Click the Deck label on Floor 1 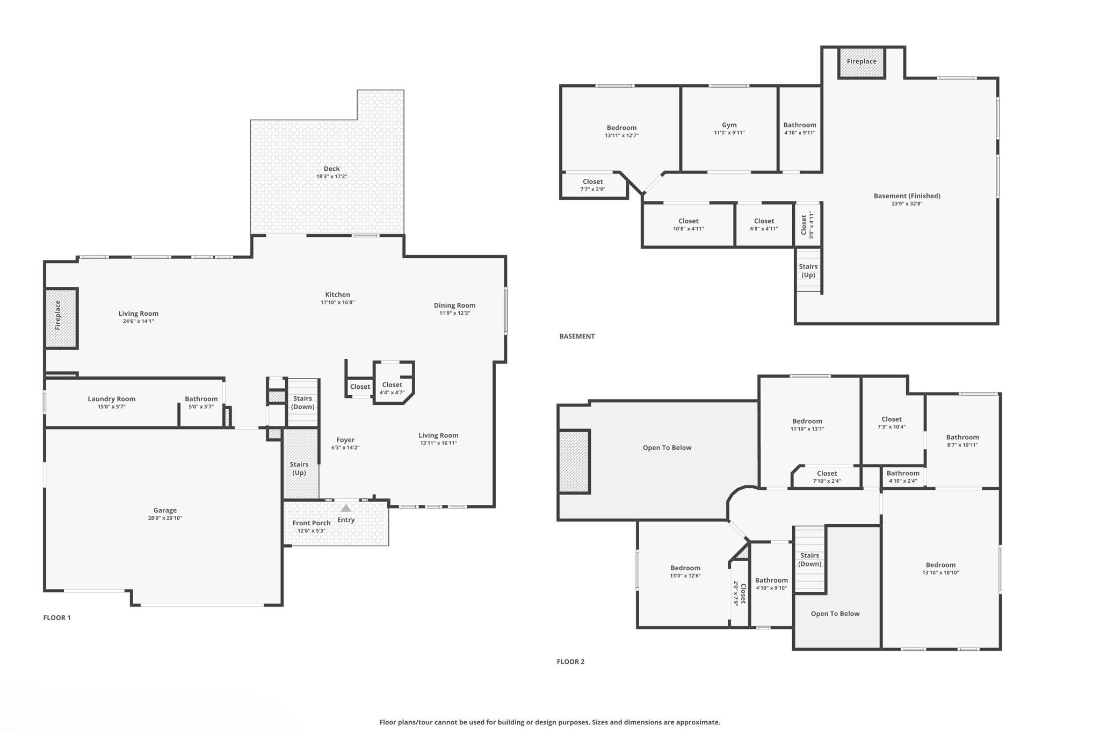click(x=331, y=169)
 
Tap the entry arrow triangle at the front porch click(x=346, y=508)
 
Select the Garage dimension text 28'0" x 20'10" click(x=165, y=518)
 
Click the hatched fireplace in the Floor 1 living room click(x=61, y=318)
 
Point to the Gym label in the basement click(x=729, y=125)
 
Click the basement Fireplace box click(x=862, y=62)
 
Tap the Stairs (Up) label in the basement click(x=808, y=271)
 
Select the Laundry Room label click(x=112, y=399)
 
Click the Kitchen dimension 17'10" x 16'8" click(x=337, y=302)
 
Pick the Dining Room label click(x=454, y=306)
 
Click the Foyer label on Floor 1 click(x=345, y=440)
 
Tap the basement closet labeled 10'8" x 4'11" click(x=688, y=224)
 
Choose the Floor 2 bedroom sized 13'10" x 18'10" click(x=940, y=569)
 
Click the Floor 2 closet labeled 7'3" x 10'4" click(x=892, y=423)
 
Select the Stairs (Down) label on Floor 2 click(x=809, y=560)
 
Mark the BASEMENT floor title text click(x=577, y=337)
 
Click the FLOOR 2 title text click(x=570, y=662)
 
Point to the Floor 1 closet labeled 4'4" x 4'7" click(x=392, y=388)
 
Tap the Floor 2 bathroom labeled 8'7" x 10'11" click(x=962, y=440)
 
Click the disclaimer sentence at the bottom click(x=549, y=722)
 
